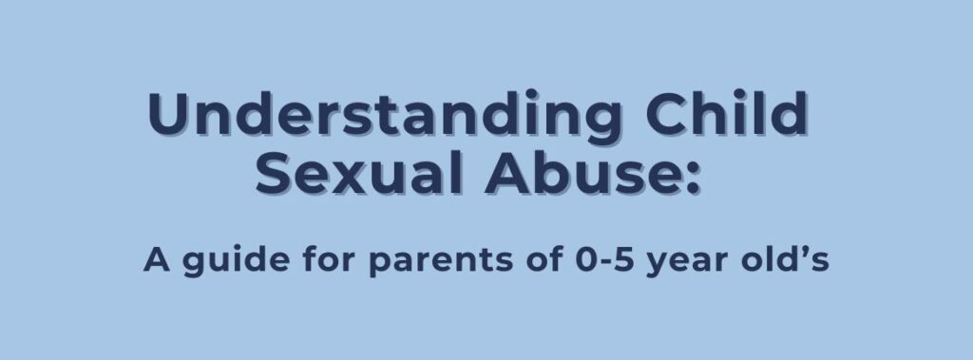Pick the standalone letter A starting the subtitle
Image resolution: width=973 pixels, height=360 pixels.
[155, 260]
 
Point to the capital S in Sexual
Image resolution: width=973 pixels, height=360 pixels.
[275, 175]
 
